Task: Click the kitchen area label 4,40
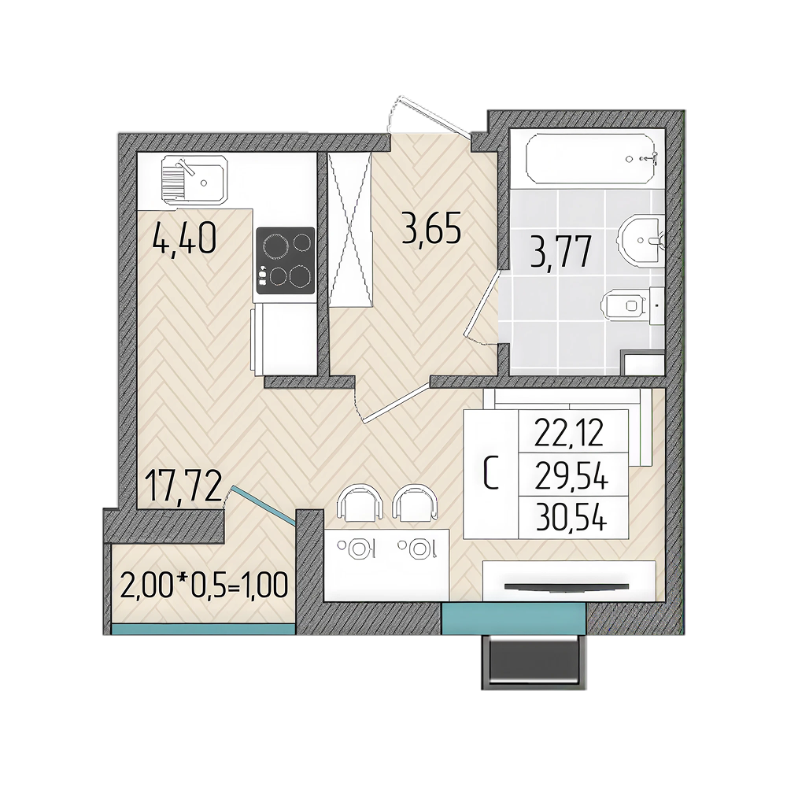point(184,240)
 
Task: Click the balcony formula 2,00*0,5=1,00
point(205,586)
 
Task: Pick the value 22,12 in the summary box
point(569,433)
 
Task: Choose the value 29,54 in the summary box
point(571,476)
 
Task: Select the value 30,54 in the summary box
point(571,518)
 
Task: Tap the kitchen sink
point(195,179)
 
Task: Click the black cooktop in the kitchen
point(285,260)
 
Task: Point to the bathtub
point(591,159)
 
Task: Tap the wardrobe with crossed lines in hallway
point(350,229)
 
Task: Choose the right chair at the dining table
point(415,504)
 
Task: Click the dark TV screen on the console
point(566,586)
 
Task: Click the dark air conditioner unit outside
point(533,661)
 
